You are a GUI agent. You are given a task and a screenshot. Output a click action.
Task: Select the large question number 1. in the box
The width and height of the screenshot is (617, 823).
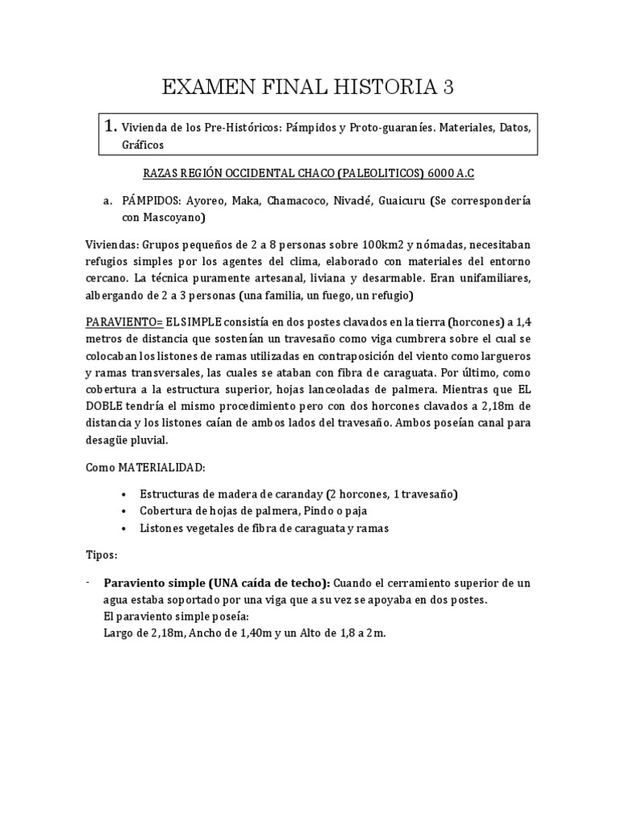click(x=110, y=126)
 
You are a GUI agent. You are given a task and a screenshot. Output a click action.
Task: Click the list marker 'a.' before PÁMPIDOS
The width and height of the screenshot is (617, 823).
click(x=106, y=199)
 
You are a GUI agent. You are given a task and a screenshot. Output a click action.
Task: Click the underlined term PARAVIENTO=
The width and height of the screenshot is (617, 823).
click(x=124, y=321)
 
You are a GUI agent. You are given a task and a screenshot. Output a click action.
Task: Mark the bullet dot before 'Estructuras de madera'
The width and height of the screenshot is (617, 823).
click(x=122, y=494)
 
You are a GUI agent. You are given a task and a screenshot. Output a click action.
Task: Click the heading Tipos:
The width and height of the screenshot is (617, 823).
click(x=102, y=555)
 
